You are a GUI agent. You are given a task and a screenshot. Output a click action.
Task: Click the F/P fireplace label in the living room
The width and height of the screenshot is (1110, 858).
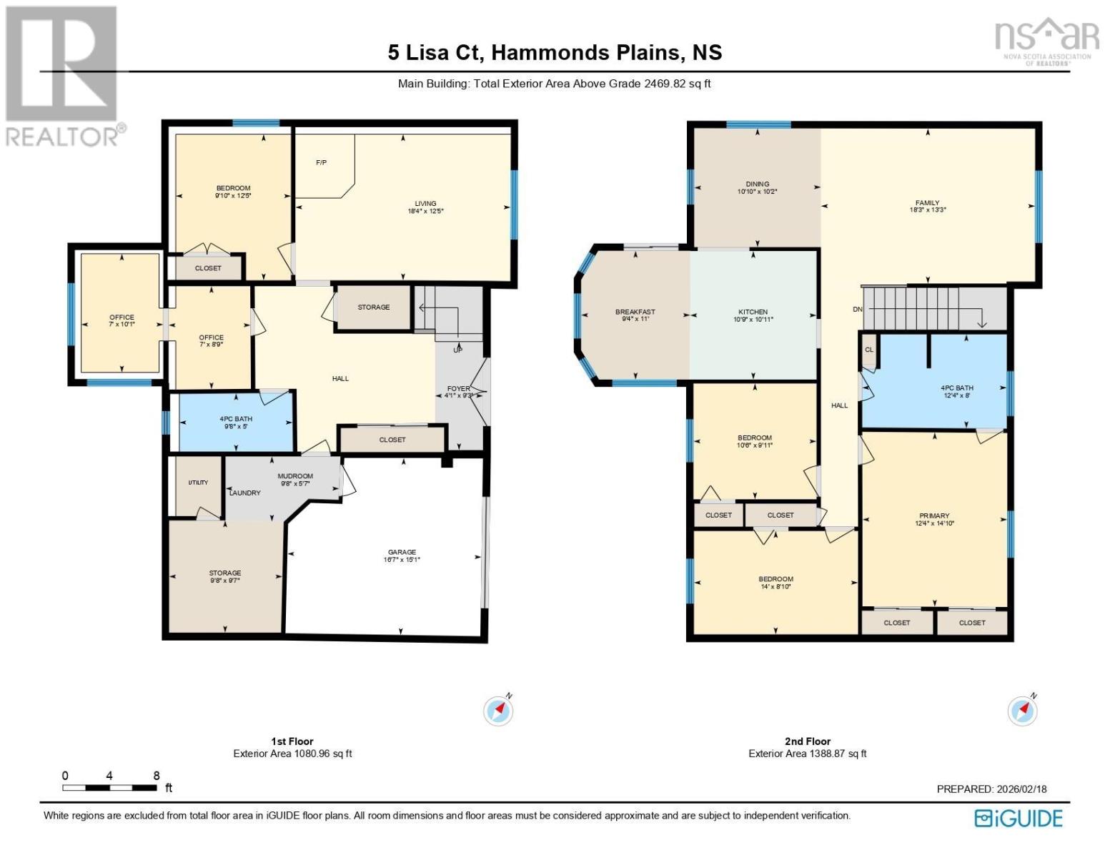pos(322,163)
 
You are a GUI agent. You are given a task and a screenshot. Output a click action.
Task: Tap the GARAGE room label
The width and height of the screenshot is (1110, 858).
pos(402,552)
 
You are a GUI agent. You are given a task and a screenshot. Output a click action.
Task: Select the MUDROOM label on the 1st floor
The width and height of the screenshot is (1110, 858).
pos(295,476)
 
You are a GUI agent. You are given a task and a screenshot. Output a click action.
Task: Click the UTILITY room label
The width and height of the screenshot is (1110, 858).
pos(198,483)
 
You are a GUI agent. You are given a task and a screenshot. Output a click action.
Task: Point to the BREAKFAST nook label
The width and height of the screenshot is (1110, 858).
pos(635,312)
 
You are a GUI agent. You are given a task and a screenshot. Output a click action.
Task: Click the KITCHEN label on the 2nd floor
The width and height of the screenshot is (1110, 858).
pos(753,312)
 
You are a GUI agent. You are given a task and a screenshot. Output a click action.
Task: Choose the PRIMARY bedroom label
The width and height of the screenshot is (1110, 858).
pos(934,516)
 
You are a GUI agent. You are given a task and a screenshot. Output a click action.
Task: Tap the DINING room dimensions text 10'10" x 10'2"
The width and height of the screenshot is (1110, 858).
pos(757,192)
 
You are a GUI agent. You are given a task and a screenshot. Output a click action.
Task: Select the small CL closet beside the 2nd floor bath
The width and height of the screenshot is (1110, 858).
pos(869,350)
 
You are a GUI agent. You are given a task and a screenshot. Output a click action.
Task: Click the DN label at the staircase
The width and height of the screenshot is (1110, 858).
pos(858,309)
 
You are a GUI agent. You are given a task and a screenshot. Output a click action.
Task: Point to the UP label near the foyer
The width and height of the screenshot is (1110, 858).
pos(457,350)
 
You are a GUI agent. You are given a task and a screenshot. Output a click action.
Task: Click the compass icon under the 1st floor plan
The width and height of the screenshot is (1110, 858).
pos(498,711)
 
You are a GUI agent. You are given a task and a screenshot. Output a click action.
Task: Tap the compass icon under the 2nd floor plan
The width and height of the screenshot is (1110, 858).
pos(1022,711)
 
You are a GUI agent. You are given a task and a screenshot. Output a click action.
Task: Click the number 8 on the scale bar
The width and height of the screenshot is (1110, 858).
pos(157,776)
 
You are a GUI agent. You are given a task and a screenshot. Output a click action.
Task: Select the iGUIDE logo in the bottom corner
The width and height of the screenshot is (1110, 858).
pos(1019,818)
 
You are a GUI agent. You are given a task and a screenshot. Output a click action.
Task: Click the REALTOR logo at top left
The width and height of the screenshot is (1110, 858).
pos(63,75)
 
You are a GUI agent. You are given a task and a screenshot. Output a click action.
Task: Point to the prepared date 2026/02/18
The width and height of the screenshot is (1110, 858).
pos(1021,789)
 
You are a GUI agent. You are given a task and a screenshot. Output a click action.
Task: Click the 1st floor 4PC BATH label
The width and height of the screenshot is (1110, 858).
pos(235,419)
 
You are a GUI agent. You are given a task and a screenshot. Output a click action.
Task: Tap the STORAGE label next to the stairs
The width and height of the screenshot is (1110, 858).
pos(374,307)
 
